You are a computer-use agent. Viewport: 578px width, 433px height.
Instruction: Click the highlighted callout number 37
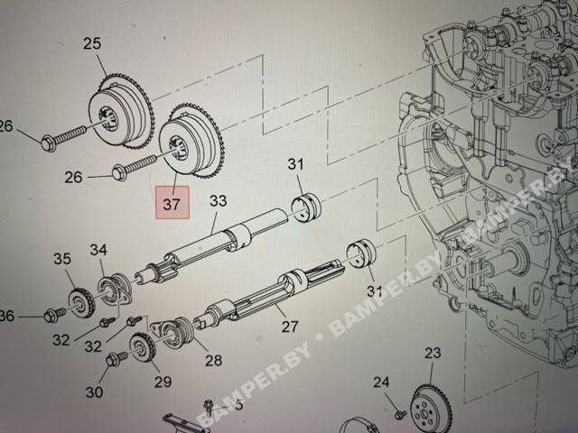[172, 203]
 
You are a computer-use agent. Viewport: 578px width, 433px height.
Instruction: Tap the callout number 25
[92, 43]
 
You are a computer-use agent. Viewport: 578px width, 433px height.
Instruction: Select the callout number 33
[219, 201]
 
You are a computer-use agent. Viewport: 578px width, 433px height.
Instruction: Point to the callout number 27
[290, 327]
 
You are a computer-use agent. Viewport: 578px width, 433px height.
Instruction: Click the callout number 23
[433, 353]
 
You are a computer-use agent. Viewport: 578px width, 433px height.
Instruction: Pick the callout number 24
[381, 382]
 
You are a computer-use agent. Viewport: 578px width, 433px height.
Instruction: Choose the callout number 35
[62, 259]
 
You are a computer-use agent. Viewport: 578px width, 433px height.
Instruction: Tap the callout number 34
[98, 250]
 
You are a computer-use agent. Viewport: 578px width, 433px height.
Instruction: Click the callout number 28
[213, 360]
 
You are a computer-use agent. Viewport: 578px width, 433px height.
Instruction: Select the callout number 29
[163, 382]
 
